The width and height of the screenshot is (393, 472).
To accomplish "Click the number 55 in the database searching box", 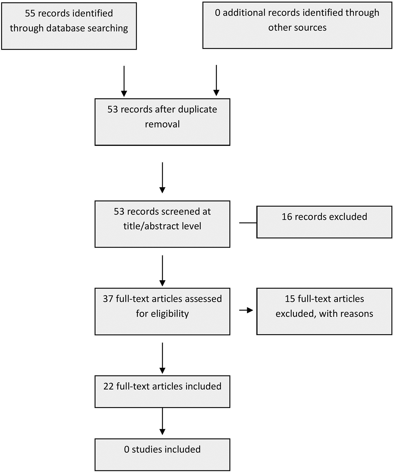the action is click(x=30, y=13).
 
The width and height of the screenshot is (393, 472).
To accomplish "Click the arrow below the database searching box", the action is click(x=124, y=81).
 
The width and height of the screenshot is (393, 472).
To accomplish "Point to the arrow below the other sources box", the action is click(x=216, y=80).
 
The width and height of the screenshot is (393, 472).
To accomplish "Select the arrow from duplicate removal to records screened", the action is click(x=162, y=177).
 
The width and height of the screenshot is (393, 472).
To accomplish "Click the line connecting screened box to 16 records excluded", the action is click(x=248, y=223).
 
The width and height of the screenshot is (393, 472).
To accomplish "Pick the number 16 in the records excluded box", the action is click(x=287, y=217).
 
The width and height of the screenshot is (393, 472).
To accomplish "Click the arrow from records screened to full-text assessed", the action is click(x=162, y=271).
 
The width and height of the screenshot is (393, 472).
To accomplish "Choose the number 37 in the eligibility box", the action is click(x=108, y=299).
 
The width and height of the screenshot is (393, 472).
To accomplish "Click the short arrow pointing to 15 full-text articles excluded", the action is click(x=246, y=310).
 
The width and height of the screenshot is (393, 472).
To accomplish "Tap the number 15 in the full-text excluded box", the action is click(x=290, y=299).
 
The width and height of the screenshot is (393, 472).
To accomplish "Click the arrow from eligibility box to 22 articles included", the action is click(x=162, y=358).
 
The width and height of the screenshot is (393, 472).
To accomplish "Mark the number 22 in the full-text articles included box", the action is click(x=108, y=386).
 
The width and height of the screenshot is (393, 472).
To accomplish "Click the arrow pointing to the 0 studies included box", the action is click(x=162, y=421).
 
